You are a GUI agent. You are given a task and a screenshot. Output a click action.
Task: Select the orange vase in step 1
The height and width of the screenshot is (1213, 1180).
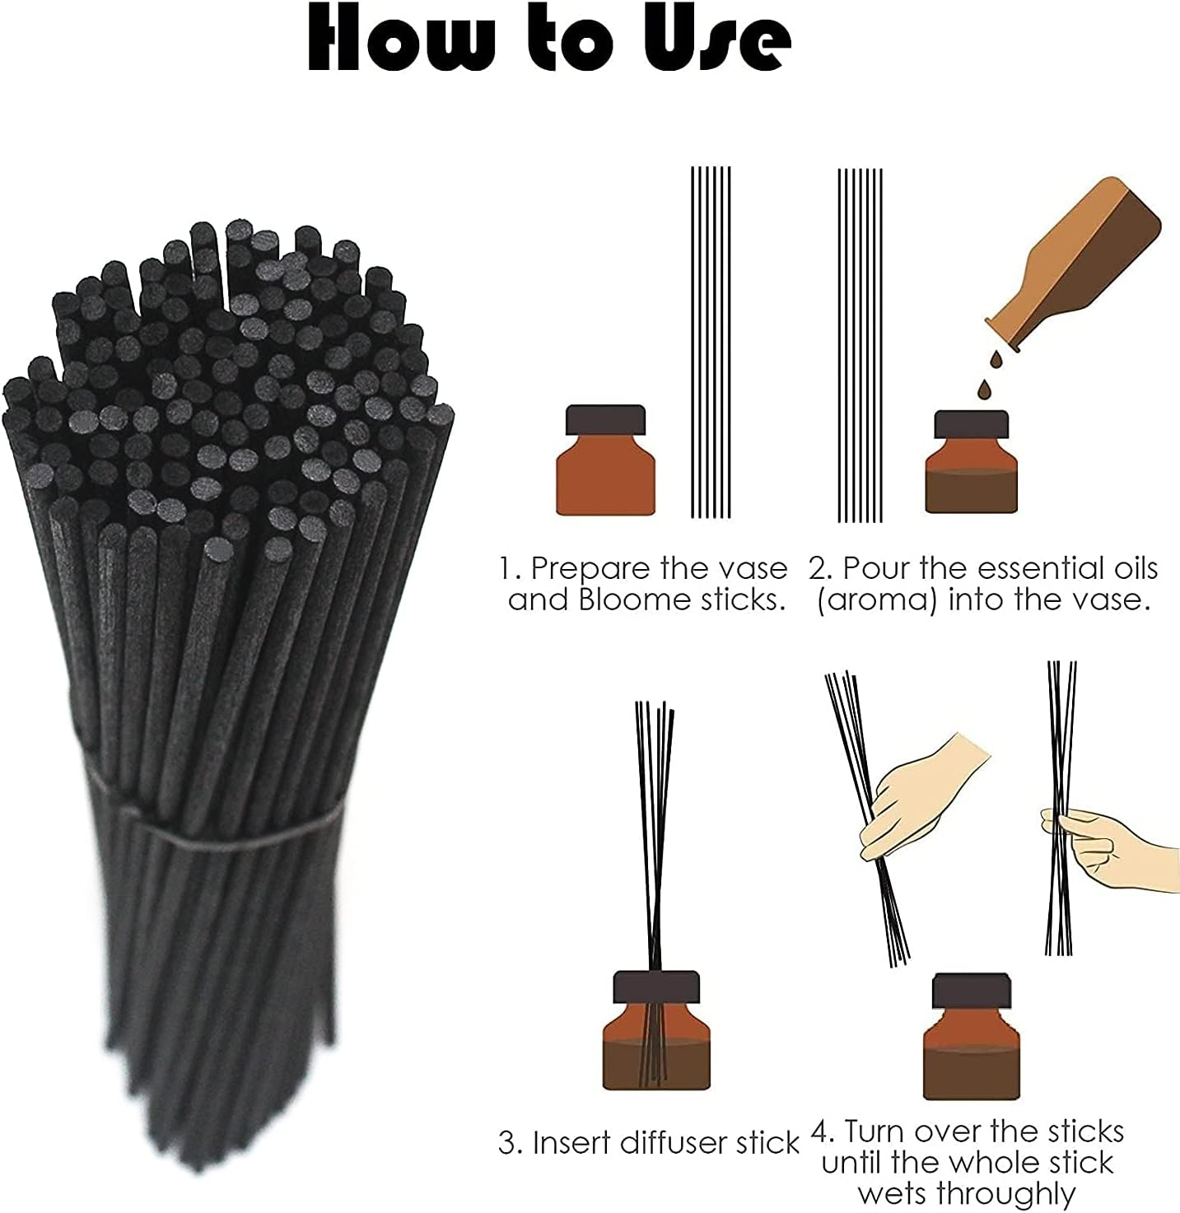coord(605,474)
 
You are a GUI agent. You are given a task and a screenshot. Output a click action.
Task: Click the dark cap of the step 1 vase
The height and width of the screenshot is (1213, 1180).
coord(605,419)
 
